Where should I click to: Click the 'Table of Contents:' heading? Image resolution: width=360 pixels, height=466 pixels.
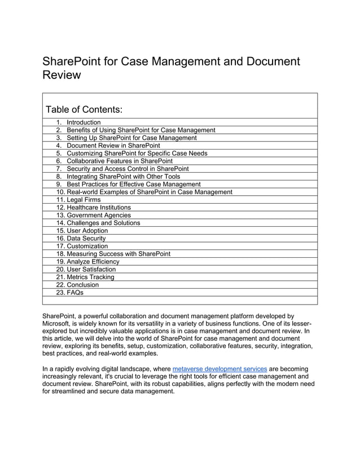coord(84,109)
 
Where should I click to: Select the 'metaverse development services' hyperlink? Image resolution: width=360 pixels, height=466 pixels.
coord(219,369)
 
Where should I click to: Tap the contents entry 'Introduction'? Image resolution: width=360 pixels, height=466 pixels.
coord(84,122)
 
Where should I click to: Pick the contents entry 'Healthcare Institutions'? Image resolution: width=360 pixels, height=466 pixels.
coord(98,208)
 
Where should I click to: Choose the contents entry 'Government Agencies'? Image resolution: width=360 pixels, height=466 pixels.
coord(98,215)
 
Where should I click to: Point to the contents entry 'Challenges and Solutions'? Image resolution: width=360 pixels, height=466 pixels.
coord(103,223)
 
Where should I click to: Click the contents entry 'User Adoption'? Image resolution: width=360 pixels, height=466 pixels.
coord(87,231)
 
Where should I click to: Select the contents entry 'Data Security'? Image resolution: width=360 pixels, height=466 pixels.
coord(86,239)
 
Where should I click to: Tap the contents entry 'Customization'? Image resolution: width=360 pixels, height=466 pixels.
coord(87,246)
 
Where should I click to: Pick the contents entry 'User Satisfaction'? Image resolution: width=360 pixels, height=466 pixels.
coord(91,270)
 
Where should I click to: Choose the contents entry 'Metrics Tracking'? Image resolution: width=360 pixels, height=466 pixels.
coord(90,277)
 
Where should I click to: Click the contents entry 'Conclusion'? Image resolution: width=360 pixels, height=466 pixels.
coord(82,285)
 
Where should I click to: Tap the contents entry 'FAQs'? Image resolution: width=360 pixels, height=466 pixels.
coord(75,293)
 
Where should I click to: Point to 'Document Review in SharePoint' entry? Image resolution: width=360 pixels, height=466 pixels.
coord(113,146)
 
